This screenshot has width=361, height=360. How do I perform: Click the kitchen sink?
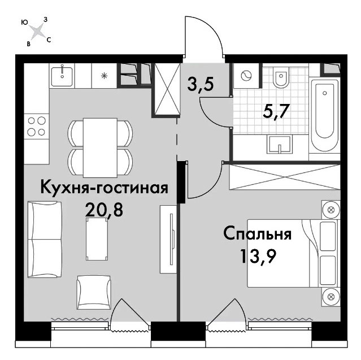pos(62,76)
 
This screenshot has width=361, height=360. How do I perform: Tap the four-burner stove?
pos(37,126)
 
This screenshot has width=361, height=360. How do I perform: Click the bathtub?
pos(325,111)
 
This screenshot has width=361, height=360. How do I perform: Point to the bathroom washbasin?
pos(280,144)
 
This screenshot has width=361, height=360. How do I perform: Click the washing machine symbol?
pos(247,76)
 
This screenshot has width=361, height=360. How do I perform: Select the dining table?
pos(100,148)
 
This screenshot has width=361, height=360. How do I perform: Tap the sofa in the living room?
pos(45,239)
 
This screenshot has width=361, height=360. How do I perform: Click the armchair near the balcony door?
pos(94,292)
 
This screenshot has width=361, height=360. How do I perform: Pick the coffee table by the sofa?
pos(97,239)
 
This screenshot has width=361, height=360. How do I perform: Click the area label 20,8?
pos(104,210)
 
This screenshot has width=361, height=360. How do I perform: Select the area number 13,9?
pos(258,257)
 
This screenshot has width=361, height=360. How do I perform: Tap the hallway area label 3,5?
pos(201,84)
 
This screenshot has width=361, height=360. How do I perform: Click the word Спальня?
pos(258,233)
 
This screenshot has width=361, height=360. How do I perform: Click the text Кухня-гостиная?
pos(104,188)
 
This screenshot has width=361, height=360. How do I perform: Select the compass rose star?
pos(37,31)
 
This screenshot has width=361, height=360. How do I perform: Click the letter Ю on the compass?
pos(24,22)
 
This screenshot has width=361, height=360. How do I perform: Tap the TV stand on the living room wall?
pos(168,239)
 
